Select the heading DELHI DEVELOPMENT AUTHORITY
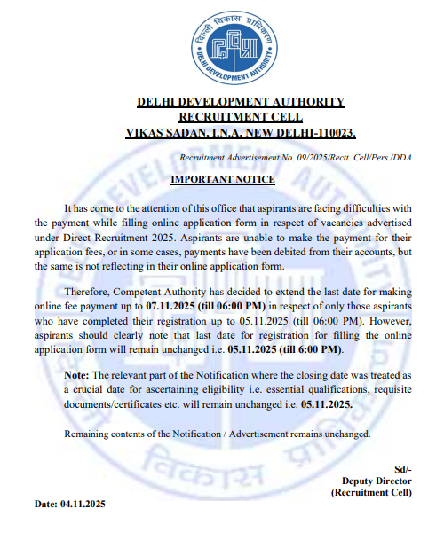241,102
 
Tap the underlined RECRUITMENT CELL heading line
241,117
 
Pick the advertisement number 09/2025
317,157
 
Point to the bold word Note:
77,375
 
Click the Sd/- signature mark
402,469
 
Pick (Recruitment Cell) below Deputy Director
372,492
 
